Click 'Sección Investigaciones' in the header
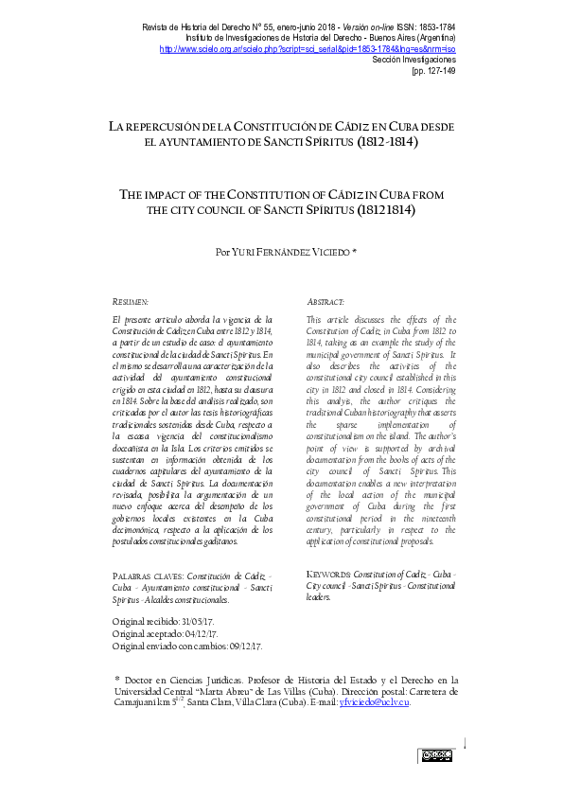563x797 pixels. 414,59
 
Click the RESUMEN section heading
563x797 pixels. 131,300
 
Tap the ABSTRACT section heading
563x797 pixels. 326,300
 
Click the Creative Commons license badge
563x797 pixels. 437,754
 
